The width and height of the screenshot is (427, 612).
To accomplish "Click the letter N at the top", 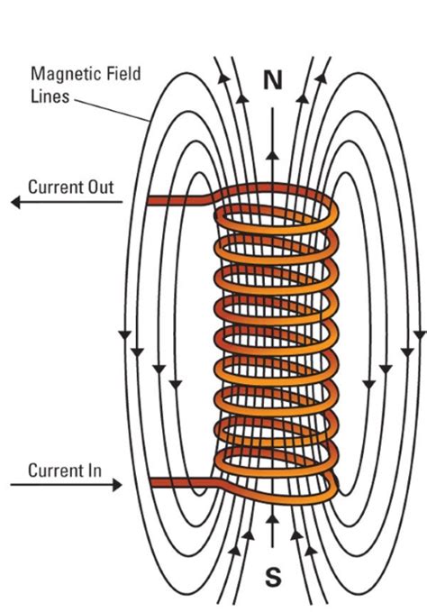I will [x=273, y=80].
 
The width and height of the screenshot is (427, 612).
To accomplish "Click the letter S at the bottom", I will [x=272, y=575].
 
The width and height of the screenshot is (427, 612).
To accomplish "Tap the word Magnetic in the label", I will [x=60, y=75].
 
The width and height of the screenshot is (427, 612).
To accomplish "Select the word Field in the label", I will [x=123, y=75].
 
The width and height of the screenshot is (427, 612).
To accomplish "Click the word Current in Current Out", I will [x=58, y=187].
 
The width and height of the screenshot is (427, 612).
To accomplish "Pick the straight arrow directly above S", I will [x=272, y=532].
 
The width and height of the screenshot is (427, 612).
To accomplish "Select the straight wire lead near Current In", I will [x=180, y=483].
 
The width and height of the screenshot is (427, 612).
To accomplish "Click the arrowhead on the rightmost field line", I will [x=419, y=335].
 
